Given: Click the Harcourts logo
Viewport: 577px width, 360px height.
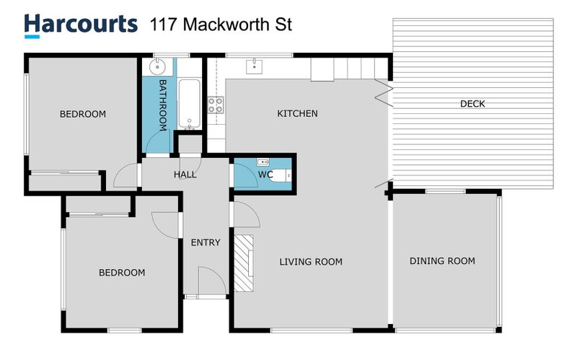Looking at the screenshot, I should click(x=80, y=24).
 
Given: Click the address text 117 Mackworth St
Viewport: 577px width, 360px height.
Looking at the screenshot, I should click(x=221, y=25).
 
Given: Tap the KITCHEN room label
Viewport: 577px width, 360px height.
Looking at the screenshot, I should click(x=297, y=113).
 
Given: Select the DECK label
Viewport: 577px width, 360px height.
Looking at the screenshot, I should click(x=472, y=104).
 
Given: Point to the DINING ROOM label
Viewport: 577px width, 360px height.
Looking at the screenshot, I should click(x=442, y=261).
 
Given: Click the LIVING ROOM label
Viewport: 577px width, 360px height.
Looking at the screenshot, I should click(x=310, y=262).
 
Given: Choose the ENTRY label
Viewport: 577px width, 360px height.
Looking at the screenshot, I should click(x=206, y=242).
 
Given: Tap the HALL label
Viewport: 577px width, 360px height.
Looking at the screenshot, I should click(x=185, y=175).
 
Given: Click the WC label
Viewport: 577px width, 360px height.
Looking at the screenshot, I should click(x=264, y=175).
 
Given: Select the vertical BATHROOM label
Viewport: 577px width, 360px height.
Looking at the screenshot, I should click(x=163, y=105).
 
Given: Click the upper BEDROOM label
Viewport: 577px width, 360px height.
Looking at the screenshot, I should click(x=82, y=114).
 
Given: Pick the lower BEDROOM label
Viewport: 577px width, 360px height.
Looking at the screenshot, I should click(x=121, y=273).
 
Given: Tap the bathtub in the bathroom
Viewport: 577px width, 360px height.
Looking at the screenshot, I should click(x=189, y=104).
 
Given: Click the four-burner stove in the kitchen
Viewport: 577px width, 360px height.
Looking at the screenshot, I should click(x=216, y=107).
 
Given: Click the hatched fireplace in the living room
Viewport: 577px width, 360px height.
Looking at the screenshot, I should click(x=244, y=263).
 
